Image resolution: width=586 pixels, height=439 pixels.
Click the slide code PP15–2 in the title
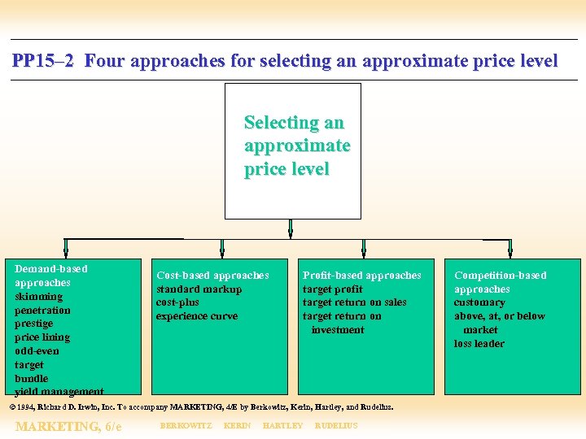click(x=44, y=61)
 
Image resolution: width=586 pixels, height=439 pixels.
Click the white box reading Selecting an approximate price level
click(x=293, y=150)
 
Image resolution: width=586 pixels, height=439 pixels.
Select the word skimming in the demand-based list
click(x=38, y=296)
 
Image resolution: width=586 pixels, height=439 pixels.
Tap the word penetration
click(x=42, y=310)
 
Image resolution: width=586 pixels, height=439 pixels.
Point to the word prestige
click(x=33, y=324)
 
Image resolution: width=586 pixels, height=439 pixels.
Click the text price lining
click(x=42, y=337)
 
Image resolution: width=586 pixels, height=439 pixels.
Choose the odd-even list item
click(x=37, y=351)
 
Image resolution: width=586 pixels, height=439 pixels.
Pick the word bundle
click(x=31, y=378)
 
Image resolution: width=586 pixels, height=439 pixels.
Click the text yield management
click(x=59, y=391)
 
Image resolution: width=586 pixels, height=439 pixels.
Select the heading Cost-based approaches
click(x=212, y=276)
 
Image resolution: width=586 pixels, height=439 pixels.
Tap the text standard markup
click(x=199, y=289)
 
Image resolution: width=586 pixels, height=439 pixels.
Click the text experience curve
click(x=197, y=316)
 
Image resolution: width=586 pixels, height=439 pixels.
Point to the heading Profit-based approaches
click(x=362, y=276)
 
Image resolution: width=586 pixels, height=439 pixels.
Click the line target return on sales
click(x=354, y=302)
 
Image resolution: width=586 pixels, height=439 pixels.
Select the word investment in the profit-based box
click(x=338, y=330)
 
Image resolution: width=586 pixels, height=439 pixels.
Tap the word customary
click(x=479, y=302)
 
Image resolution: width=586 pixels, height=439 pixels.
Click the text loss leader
click(x=479, y=344)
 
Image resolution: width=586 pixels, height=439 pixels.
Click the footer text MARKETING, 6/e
click(x=68, y=426)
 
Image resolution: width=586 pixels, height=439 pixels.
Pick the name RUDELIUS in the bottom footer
click(x=335, y=426)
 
